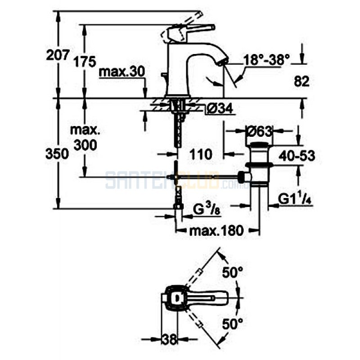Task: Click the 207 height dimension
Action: pos(58,55)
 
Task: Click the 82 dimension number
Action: pos(302,81)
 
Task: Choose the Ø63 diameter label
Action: pos(260,132)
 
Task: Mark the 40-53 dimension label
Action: pos(297,156)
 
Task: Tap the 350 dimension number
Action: pos(57,153)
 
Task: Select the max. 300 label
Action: pos(85,138)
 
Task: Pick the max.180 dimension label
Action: pos(216,231)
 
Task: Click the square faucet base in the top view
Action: pos(175,298)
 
